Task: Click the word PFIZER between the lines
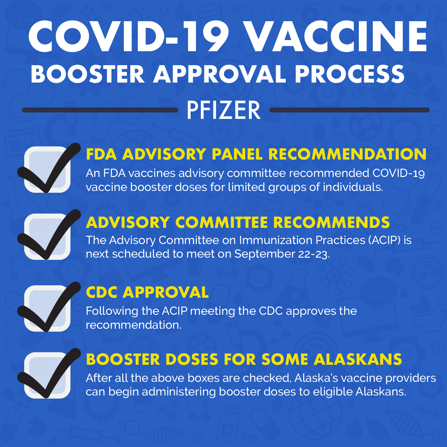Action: (223, 111)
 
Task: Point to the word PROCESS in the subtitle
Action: (350, 74)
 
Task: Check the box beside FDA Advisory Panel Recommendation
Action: (47, 169)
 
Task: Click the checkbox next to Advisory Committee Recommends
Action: (47, 237)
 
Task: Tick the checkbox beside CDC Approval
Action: (47, 309)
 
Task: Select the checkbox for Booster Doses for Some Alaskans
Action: (47, 375)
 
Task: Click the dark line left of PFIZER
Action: (99, 110)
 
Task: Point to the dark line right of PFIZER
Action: (349, 110)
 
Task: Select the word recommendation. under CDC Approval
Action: (133, 325)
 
